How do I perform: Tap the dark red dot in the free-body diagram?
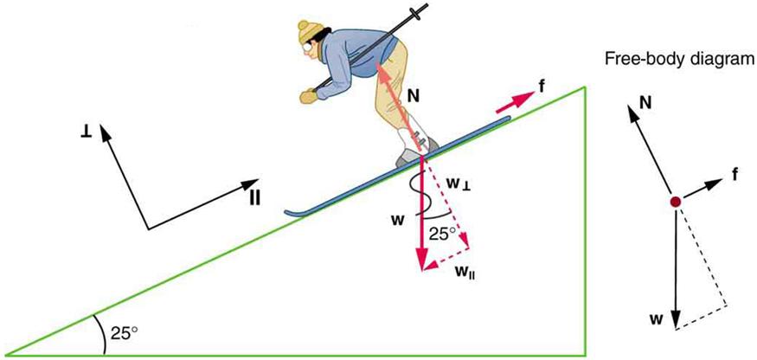(675, 202)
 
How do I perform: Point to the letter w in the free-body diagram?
(658, 318)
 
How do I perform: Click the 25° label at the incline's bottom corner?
(122, 332)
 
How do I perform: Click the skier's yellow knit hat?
(308, 32)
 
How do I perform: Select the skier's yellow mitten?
(307, 95)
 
